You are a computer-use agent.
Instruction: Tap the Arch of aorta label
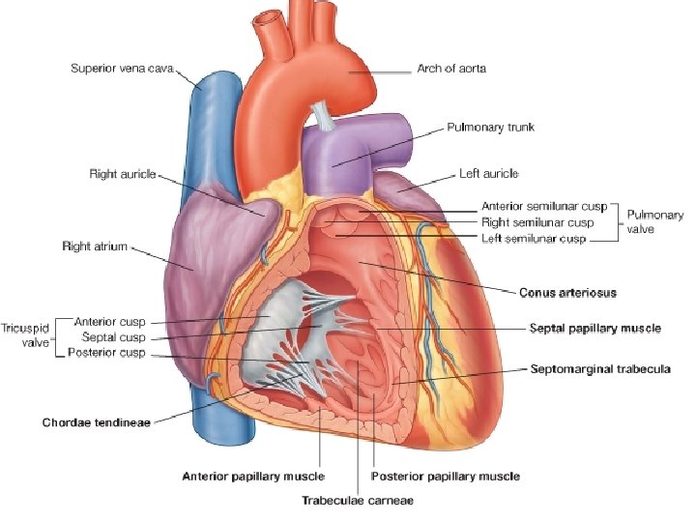(451, 69)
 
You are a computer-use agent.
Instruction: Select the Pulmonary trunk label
(490, 127)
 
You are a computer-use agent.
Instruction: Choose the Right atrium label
(95, 246)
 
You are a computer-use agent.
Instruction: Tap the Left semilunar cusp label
(534, 238)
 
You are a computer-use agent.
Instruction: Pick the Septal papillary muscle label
(594, 329)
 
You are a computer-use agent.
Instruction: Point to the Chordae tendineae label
(96, 422)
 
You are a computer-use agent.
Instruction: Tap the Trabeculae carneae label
(358, 501)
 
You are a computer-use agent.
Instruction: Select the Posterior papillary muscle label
(446, 476)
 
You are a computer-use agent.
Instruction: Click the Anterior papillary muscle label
(254, 476)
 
